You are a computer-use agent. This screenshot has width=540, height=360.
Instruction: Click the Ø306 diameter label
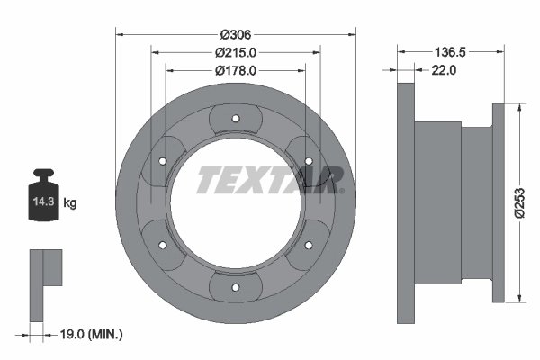pos(236,35)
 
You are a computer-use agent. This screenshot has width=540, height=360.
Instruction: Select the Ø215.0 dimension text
pos(236,53)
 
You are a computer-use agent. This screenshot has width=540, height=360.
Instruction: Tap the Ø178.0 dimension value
pos(236,70)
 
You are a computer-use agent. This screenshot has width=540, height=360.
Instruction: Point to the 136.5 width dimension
pos(450,52)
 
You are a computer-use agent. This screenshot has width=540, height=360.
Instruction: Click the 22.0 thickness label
pos(444,70)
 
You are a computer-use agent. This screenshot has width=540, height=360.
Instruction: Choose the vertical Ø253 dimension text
pos(519,202)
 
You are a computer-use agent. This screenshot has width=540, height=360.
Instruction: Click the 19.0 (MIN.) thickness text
pos(91,334)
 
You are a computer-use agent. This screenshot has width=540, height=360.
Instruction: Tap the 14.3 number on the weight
pos(44,202)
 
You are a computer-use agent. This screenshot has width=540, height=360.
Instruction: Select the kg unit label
pos(70,202)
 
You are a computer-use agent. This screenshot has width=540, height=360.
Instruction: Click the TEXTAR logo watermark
pos(270,180)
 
